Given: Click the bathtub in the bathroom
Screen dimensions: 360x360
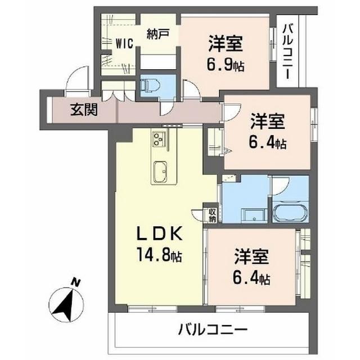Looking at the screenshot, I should click(290, 213).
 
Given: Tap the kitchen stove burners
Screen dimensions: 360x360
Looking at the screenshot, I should click(159, 138).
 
